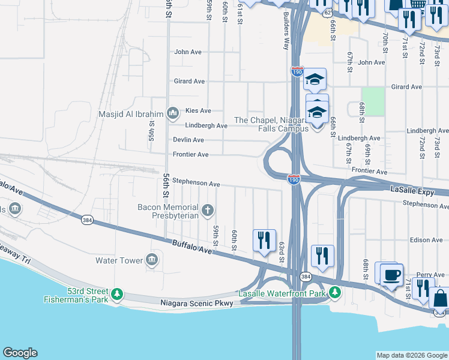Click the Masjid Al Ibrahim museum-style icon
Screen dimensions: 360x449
(x=173, y=113)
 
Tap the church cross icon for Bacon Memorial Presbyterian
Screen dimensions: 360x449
(x=208, y=210)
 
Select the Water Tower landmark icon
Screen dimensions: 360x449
(x=152, y=260)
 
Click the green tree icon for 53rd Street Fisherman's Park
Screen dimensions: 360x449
(x=118, y=294)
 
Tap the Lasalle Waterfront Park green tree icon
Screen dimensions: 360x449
(x=334, y=293)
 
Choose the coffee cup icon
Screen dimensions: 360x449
(x=391, y=274)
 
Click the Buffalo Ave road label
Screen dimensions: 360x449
(x=191, y=246)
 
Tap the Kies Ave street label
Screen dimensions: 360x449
(x=197, y=111)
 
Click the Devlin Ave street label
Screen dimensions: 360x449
(x=188, y=140)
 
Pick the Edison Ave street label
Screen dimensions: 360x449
(x=427, y=240)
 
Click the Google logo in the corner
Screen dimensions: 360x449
(x=20, y=353)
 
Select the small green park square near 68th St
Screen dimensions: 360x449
(x=373, y=101)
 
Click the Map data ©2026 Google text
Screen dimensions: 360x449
(x=411, y=355)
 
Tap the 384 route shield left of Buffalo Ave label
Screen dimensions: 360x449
(x=87, y=220)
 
